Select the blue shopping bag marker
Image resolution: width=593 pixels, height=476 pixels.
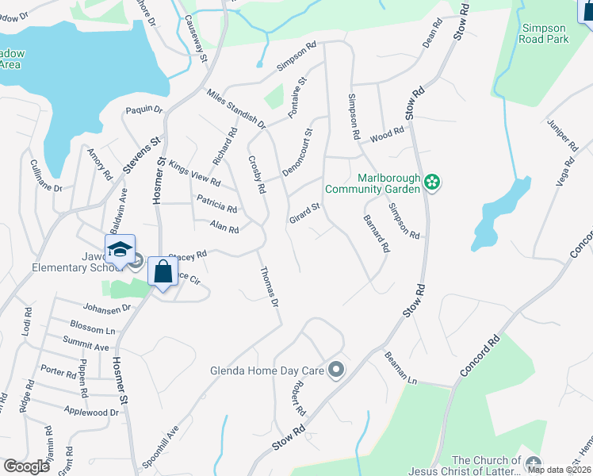[163, 272]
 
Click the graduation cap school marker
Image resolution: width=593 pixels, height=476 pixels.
[120, 249]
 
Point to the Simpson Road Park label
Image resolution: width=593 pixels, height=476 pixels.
[544, 33]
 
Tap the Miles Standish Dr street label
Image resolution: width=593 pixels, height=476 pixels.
[235, 109]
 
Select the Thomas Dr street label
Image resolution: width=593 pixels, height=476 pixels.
[270, 287]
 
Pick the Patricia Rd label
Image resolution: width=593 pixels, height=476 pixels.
[216, 204]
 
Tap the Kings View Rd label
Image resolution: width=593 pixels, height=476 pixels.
[194, 177]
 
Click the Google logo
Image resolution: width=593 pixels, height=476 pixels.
[27, 466]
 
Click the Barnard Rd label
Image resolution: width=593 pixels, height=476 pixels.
[377, 233]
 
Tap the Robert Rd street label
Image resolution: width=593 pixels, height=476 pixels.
[298, 397]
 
